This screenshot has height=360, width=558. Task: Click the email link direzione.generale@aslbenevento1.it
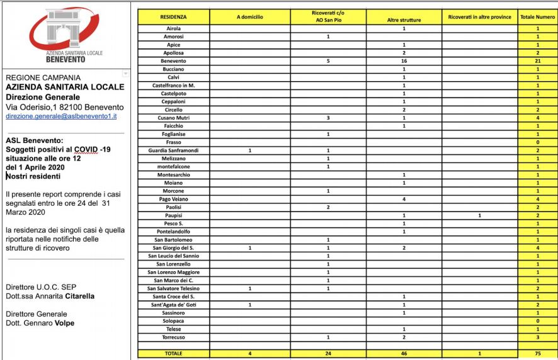pos(61,116)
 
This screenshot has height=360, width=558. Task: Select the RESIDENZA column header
pos(173,16)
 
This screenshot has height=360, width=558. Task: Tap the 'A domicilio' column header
pos(250,16)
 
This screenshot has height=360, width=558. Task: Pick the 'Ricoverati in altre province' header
pos(479,16)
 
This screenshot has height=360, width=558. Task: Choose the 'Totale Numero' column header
pos(537,16)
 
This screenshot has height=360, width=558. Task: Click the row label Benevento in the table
pos(173,61)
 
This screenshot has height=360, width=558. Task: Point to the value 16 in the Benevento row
pos(404,61)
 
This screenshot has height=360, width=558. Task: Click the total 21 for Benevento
pos(537,61)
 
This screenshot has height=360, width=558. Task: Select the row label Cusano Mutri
pos(173,118)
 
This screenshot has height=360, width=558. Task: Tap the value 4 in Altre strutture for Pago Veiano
pos(404,199)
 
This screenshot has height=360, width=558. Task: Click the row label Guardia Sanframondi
pos(173,150)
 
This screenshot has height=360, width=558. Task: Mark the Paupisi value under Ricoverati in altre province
pos(479,215)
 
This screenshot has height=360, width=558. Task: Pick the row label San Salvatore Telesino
pos(173,288)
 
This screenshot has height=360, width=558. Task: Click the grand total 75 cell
pos(537,353)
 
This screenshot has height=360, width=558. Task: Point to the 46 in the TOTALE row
pos(404,353)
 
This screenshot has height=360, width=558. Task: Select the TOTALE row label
pos(173,353)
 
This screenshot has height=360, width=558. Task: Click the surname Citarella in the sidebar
pos(77,296)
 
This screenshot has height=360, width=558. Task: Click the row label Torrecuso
pos(173,337)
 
